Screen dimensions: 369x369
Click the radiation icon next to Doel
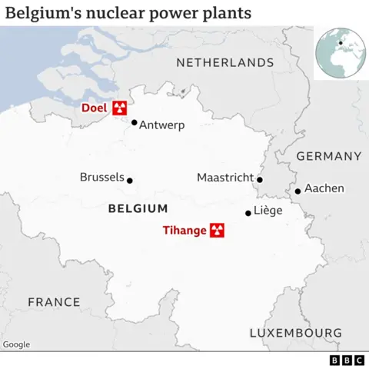pyautogui.click(x=119, y=108)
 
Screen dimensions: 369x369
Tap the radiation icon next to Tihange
pyautogui.click(x=217, y=229)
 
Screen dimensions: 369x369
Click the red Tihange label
pyautogui.click(x=184, y=229)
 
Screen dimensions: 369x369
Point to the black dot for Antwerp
pyautogui.click(x=134, y=122)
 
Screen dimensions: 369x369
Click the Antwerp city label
pyautogui.click(x=162, y=125)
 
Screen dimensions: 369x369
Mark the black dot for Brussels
pyautogui.click(x=129, y=181)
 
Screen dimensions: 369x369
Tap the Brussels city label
pyautogui.click(x=101, y=178)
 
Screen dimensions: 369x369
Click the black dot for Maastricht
pyautogui.click(x=260, y=180)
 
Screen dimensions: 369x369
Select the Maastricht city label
pyautogui.click(x=224, y=178)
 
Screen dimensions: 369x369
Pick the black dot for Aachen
pyautogui.click(x=298, y=191)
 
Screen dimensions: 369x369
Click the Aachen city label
pyautogui.click(x=324, y=188)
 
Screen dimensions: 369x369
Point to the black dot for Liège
pyautogui.click(x=248, y=213)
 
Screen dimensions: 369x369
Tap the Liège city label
pyautogui.click(x=268, y=211)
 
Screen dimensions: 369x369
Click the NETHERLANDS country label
pyautogui.click(x=225, y=62)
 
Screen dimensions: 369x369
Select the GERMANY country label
pyautogui.click(x=328, y=156)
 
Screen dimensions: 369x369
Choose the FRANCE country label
pyautogui.click(x=54, y=302)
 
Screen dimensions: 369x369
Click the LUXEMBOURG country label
pyautogui.click(x=295, y=333)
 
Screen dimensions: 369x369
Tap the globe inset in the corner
pyautogui.click(x=340, y=52)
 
